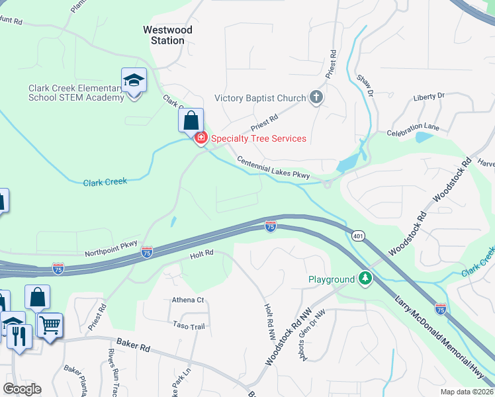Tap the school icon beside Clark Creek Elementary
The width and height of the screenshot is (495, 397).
(134, 81)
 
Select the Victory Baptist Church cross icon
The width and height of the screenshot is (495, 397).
(316, 98)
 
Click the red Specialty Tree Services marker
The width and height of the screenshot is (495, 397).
(200, 138)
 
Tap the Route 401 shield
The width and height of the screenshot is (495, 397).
(358, 236)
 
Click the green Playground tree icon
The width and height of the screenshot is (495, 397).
(364, 279)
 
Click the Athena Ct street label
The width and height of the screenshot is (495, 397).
(188, 300)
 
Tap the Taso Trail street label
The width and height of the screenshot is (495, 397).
(189, 326)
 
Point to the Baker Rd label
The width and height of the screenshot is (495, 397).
(134, 345)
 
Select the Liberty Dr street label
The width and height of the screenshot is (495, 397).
(428, 97)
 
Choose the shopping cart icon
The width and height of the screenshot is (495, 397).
(50, 325)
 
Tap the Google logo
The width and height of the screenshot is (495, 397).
(22, 389)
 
